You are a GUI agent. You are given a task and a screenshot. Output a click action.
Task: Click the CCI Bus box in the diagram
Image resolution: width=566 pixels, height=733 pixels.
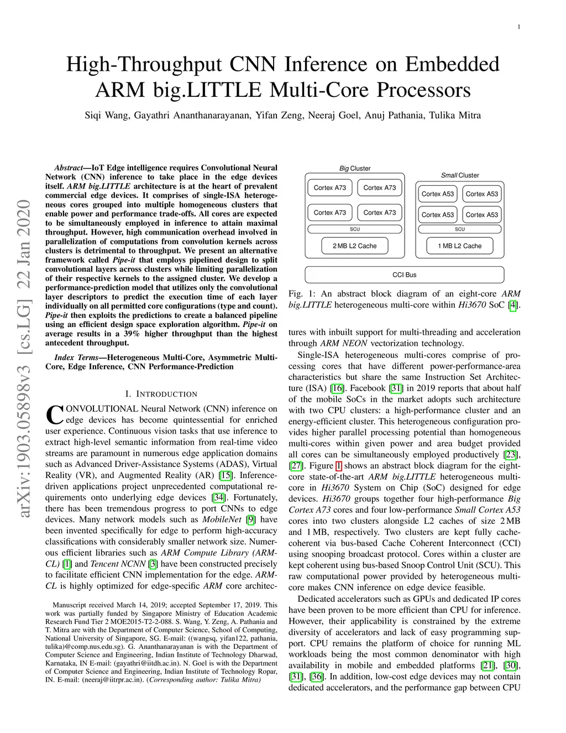(x=405, y=275)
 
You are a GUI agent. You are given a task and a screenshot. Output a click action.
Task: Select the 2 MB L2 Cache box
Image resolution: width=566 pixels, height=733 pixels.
(x=354, y=246)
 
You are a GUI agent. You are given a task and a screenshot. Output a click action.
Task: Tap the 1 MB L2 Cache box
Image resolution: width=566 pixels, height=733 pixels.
(x=459, y=246)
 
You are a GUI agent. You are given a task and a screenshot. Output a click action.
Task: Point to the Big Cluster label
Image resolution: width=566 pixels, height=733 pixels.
(x=355, y=169)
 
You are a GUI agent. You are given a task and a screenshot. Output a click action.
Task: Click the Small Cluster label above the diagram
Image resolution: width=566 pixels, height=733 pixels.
(x=460, y=175)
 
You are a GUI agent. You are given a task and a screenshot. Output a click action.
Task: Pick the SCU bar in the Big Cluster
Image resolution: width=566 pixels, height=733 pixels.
(x=355, y=229)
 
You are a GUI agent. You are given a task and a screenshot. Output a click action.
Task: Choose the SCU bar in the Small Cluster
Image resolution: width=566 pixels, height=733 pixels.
(x=460, y=229)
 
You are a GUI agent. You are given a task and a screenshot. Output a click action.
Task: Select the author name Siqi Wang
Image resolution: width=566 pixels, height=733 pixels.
(x=107, y=116)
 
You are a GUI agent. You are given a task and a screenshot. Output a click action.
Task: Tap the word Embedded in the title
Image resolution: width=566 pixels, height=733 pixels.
(x=452, y=65)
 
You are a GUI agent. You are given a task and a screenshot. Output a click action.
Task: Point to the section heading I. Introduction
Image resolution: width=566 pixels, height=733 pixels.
(x=161, y=394)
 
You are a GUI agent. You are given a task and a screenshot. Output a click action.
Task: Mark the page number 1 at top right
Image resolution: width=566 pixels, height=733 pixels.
(x=519, y=27)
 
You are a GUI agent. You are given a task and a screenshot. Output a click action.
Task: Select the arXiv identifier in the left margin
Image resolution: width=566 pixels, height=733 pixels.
(x=24, y=360)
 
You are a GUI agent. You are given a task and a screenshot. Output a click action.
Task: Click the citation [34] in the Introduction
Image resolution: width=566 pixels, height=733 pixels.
(x=218, y=497)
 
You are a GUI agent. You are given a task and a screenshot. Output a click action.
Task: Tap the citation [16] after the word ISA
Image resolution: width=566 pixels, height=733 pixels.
(x=337, y=388)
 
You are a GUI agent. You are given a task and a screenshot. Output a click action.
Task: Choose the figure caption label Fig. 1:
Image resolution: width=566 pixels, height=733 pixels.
(x=301, y=294)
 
